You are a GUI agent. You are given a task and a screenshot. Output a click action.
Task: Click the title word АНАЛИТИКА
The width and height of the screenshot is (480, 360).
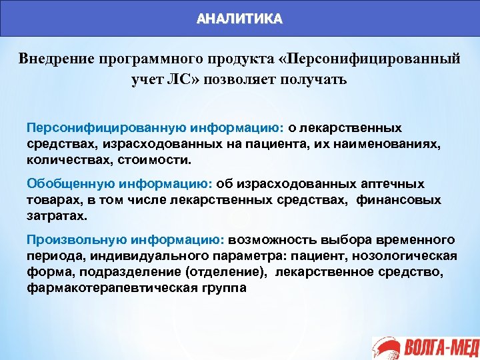239,19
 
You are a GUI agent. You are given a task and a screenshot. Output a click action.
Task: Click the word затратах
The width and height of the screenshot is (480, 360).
57,217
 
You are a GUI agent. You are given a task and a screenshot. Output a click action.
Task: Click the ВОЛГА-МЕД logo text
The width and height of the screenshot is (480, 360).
439,347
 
